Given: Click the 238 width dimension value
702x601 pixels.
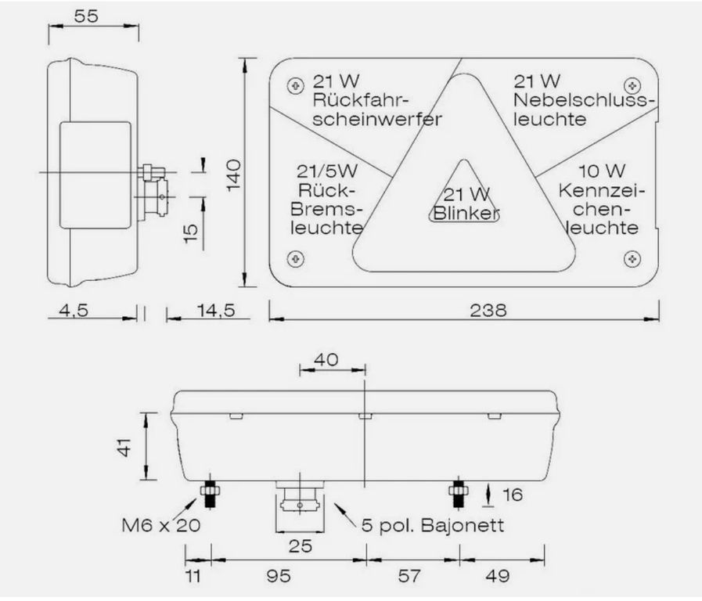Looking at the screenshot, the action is click(488, 310).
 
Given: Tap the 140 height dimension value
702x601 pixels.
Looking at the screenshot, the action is click(234, 175).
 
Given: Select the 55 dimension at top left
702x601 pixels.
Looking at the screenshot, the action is click(86, 16).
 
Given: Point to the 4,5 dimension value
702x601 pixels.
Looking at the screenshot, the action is click(74, 310).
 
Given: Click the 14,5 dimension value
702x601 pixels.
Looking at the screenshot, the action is click(216, 310).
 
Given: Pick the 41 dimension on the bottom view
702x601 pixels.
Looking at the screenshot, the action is click(124, 448).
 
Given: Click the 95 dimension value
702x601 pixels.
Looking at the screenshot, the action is click(279, 576).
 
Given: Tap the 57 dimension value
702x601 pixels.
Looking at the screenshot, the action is click(409, 576).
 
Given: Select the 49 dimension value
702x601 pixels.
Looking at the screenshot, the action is click(498, 576).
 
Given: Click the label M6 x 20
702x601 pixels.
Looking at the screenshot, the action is click(161, 525).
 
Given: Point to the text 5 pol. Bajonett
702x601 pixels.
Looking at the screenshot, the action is click(433, 525).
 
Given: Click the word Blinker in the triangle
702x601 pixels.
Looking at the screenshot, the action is click(466, 214).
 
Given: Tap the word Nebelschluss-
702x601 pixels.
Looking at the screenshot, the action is click(581, 101).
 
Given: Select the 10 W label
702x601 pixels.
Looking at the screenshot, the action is click(602, 171).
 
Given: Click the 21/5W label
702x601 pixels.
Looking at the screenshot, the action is click(327, 171).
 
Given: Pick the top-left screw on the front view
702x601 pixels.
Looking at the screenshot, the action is click(294, 85).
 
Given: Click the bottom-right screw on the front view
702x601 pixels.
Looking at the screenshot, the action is click(632, 258).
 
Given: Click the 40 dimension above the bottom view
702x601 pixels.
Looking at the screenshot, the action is click(326, 359).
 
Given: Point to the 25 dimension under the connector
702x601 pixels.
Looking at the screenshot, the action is click(300, 546).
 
